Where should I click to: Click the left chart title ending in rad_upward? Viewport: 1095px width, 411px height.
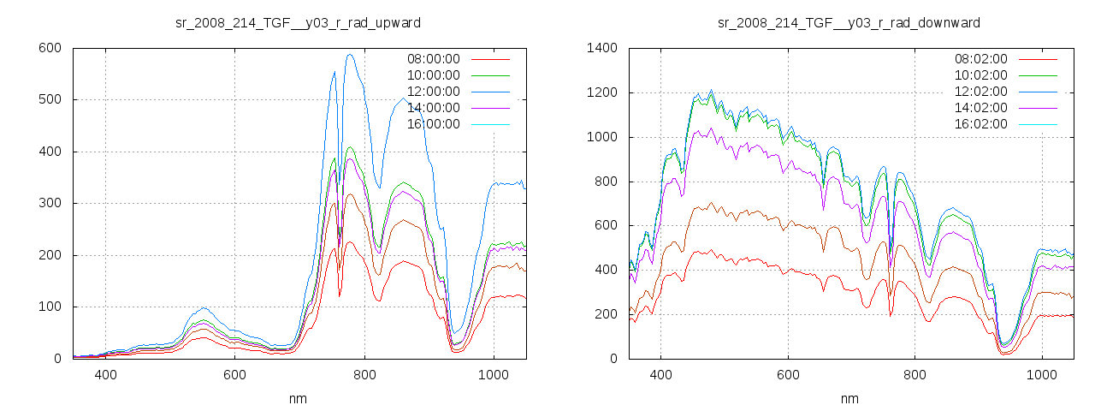298,22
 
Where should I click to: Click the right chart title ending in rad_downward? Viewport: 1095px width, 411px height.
849,22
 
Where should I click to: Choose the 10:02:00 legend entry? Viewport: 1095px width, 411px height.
980,75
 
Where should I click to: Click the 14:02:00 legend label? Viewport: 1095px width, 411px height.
980,108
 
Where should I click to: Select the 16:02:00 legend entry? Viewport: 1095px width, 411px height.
980,124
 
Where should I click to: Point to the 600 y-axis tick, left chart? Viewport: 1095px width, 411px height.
50,48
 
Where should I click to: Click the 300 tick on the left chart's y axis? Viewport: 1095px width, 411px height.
50,204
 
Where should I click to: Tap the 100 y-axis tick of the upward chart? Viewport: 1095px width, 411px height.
50,307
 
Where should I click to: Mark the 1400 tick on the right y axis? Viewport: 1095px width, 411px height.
602,48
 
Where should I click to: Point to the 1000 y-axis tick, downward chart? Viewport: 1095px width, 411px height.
602,137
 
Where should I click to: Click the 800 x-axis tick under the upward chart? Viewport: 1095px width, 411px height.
364,374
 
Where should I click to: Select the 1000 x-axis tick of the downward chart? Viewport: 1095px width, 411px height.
1043,374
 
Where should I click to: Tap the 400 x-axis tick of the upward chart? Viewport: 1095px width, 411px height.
106,374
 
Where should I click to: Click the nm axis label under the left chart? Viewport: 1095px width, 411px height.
299,398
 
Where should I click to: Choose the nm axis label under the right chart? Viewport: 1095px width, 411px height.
849,398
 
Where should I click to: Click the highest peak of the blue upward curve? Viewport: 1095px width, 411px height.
349,55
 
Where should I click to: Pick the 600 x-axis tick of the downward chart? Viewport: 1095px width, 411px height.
788,374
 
